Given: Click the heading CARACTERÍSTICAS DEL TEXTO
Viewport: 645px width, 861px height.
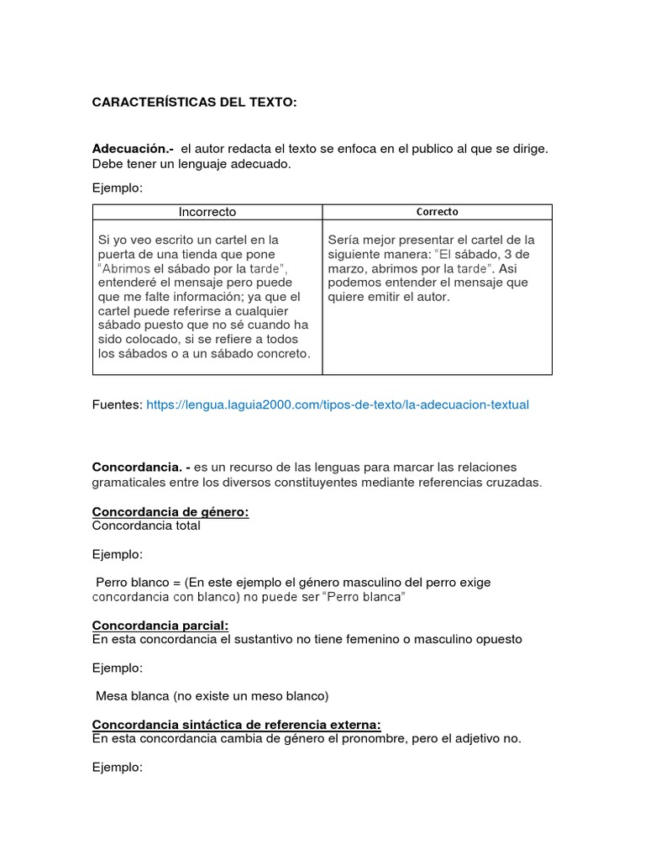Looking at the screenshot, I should pyautogui.click(x=194, y=103).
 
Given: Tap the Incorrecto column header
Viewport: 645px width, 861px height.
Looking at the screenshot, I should pyautogui.click(x=207, y=212).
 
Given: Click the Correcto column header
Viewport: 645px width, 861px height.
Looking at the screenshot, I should pyautogui.click(x=437, y=212).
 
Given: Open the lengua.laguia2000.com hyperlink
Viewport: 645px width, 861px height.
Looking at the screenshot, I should pyautogui.click(x=338, y=404).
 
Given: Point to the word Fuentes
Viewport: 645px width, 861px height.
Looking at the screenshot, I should pyautogui.click(x=117, y=404).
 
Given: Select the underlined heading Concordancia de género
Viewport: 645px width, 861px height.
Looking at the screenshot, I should pyautogui.click(x=170, y=512).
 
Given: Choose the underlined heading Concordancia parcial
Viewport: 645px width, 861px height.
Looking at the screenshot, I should pyautogui.click(x=160, y=626).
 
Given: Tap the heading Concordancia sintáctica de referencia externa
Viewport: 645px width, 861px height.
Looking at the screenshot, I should pyautogui.click(x=236, y=725).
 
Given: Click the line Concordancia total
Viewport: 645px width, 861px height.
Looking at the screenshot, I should pyautogui.click(x=146, y=526).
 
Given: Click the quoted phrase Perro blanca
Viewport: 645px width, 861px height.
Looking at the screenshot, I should pyautogui.click(x=366, y=596).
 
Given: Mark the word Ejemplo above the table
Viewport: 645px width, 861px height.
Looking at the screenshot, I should pyautogui.click(x=118, y=188).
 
